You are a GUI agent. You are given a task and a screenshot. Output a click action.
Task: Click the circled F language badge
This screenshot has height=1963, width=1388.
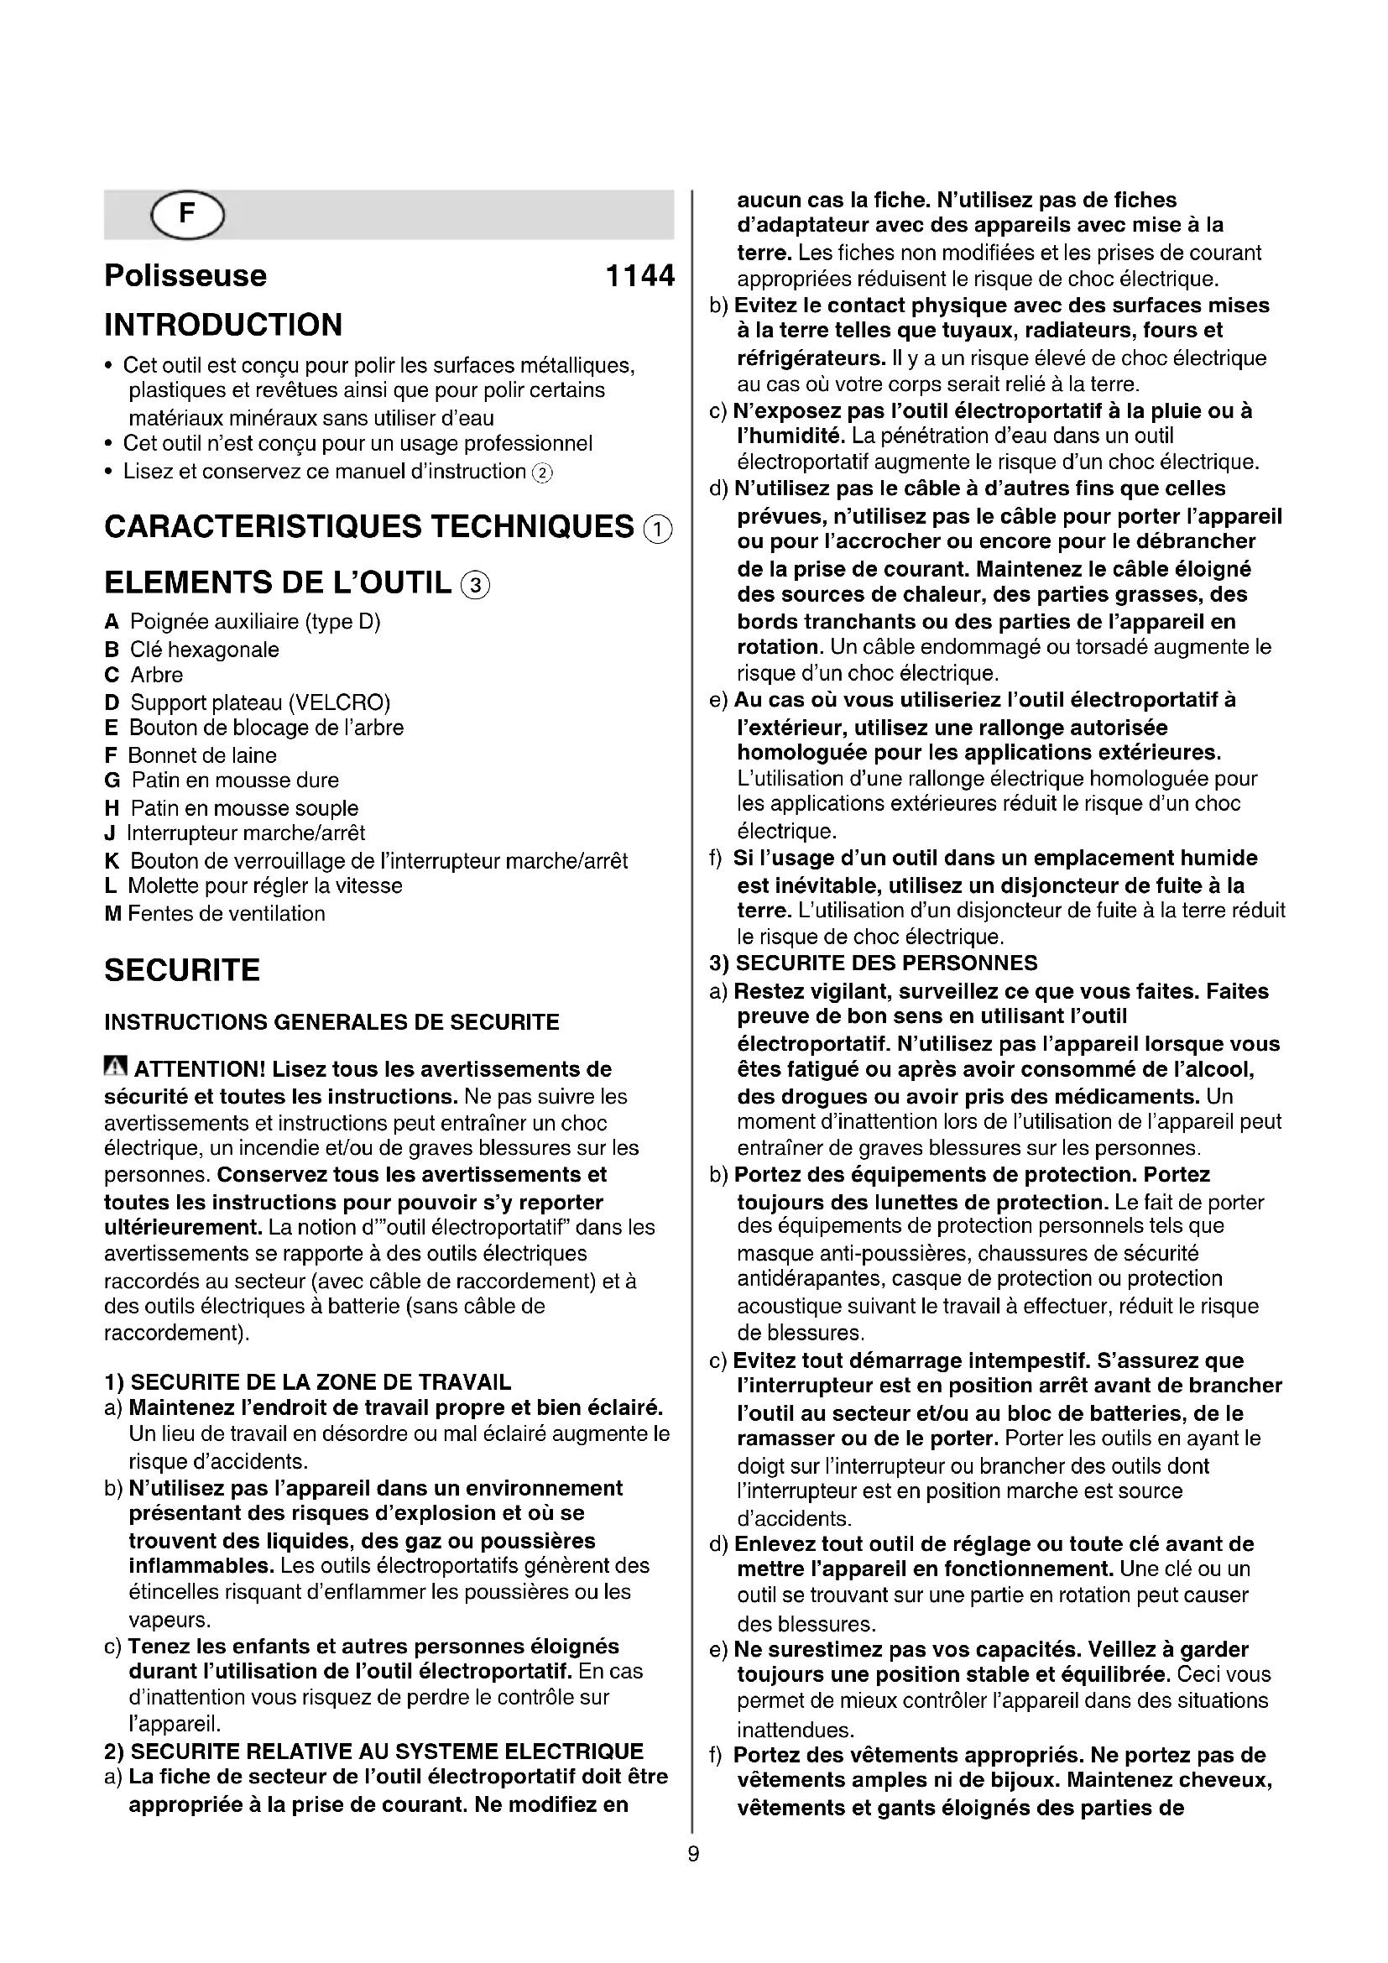pos(187,215)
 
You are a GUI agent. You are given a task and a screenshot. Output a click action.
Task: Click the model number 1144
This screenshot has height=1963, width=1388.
pos(639,276)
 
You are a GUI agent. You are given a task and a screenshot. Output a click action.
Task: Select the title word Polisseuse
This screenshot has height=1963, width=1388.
pos(185,276)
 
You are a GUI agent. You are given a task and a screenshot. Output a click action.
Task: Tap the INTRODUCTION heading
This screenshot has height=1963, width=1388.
pos(223,325)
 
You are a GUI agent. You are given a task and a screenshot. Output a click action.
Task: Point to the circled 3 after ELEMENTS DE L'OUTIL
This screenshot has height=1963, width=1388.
pos(475,585)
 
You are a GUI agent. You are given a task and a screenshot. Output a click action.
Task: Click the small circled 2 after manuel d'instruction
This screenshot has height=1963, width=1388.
pos(543,472)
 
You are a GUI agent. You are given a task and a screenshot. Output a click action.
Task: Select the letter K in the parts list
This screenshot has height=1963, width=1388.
pos(112,861)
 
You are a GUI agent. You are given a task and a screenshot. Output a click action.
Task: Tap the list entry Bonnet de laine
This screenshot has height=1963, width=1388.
pos(201,756)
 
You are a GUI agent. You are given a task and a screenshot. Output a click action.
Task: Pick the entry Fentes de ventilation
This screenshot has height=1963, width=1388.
pos(227,914)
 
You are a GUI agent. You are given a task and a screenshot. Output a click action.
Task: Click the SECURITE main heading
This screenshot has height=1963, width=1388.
pos(182,970)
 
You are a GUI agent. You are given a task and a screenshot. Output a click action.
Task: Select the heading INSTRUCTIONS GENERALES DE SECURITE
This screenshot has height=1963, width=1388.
pos(331,1022)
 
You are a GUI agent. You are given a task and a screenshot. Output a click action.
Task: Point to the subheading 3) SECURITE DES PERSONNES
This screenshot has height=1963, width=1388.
pos(874,963)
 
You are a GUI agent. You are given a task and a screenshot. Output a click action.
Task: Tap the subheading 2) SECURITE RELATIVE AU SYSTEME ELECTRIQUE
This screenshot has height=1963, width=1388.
pos(373,1751)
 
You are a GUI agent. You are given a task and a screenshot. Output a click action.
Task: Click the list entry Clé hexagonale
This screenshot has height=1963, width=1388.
pos(204,650)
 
